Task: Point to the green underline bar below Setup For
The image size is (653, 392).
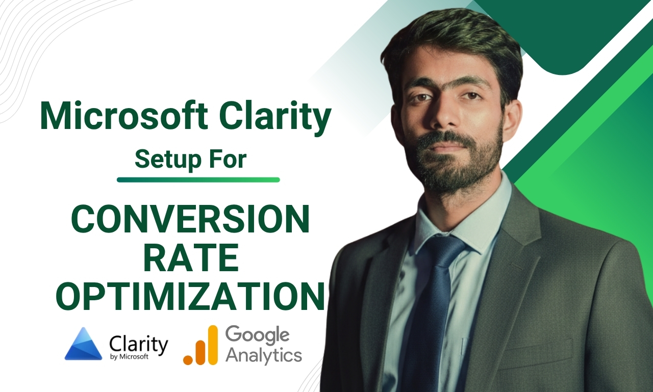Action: pyautogui.click(x=198, y=179)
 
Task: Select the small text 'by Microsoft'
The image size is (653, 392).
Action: pyautogui.click(x=129, y=357)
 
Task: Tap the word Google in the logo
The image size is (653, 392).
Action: pyautogui.click(x=257, y=335)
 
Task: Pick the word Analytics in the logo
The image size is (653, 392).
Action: pyautogui.click(x=263, y=355)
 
